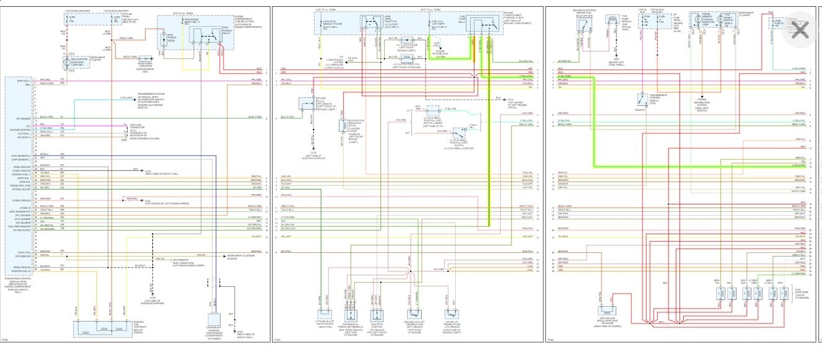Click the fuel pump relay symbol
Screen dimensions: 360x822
(484, 27)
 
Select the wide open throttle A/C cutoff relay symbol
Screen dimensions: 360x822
(375, 26)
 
